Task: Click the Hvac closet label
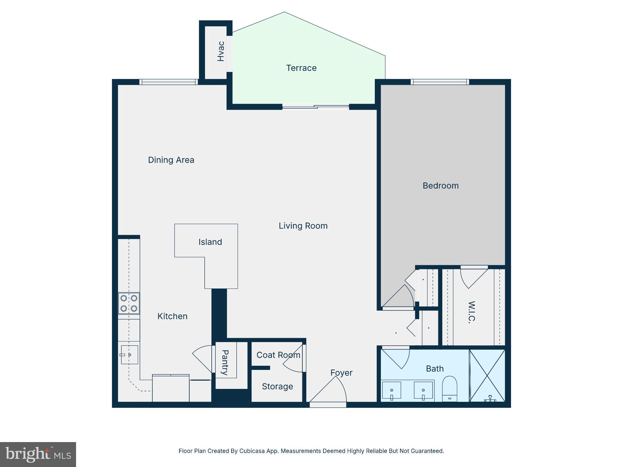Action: (x=221, y=51)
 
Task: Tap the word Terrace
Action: (x=301, y=68)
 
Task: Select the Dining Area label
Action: (x=171, y=160)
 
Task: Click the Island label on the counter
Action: (x=210, y=242)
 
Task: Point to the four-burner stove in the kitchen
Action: (x=129, y=303)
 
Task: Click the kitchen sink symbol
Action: (x=129, y=355)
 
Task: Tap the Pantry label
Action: (x=225, y=362)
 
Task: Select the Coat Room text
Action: (x=278, y=355)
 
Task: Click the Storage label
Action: (x=277, y=386)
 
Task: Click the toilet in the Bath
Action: (x=449, y=389)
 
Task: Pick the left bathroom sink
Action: (x=392, y=390)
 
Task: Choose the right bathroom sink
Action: (x=423, y=390)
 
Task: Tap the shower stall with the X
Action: (x=487, y=375)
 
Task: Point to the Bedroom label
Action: (x=440, y=186)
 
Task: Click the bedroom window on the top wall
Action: (x=440, y=81)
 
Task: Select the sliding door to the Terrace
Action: (x=315, y=107)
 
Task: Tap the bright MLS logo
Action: (x=38, y=454)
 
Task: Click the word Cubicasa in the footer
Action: (x=251, y=451)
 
